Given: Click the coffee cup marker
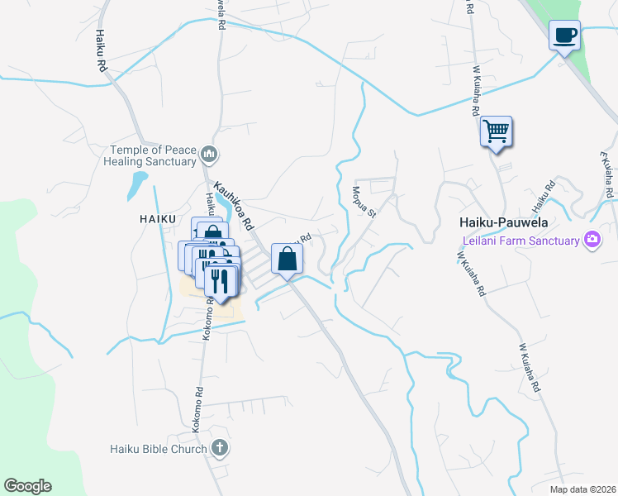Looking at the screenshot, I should click(x=564, y=36).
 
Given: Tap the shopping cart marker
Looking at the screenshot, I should click(x=496, y=131).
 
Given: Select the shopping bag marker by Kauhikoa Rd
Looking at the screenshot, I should click(x=286, y=260).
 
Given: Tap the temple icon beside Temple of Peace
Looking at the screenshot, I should click(x=209, y=154).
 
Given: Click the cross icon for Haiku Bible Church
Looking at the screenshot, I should click(x=219, y=449).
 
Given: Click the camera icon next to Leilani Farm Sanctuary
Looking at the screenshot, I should click(x=592, y=240).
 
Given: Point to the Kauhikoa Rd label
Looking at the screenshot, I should click(x=233, y=205).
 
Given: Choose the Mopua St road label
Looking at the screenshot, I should click(x=364, y=201).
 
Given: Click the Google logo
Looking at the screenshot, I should click(x=28, y=486).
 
